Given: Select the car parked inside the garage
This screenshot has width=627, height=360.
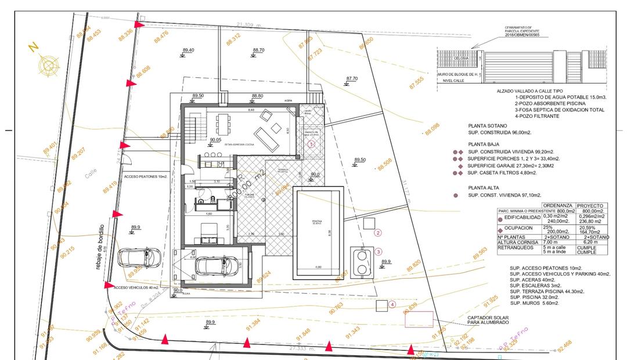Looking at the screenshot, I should [x=208, y=265].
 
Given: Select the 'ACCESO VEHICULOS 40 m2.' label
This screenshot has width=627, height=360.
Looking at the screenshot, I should [x=137, y=287].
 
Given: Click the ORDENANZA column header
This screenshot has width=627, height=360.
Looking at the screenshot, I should [x=557, y=206].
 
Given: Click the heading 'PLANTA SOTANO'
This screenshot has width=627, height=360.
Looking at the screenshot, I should [x=487, y=125].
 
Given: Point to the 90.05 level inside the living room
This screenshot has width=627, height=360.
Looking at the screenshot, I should [x=216, y=140].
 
